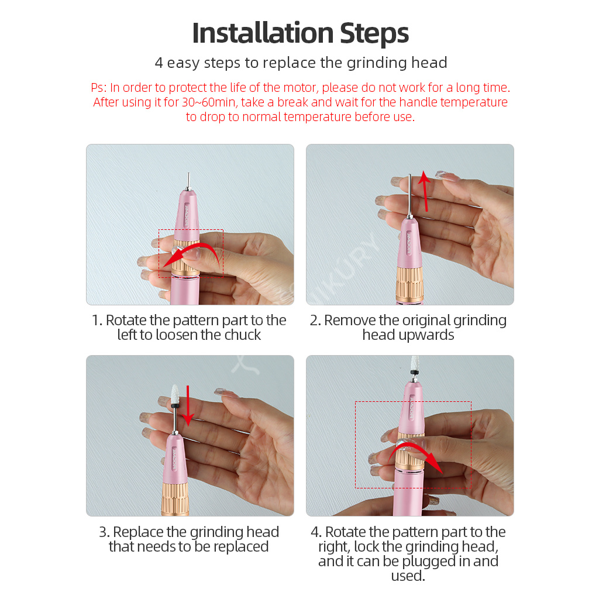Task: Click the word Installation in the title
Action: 263,33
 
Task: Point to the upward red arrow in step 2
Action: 425,191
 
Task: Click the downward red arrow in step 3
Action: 188,405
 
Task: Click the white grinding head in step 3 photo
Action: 175,394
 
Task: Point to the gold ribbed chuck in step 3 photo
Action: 175,498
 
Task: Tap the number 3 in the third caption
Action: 103,532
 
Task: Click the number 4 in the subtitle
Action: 159,63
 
